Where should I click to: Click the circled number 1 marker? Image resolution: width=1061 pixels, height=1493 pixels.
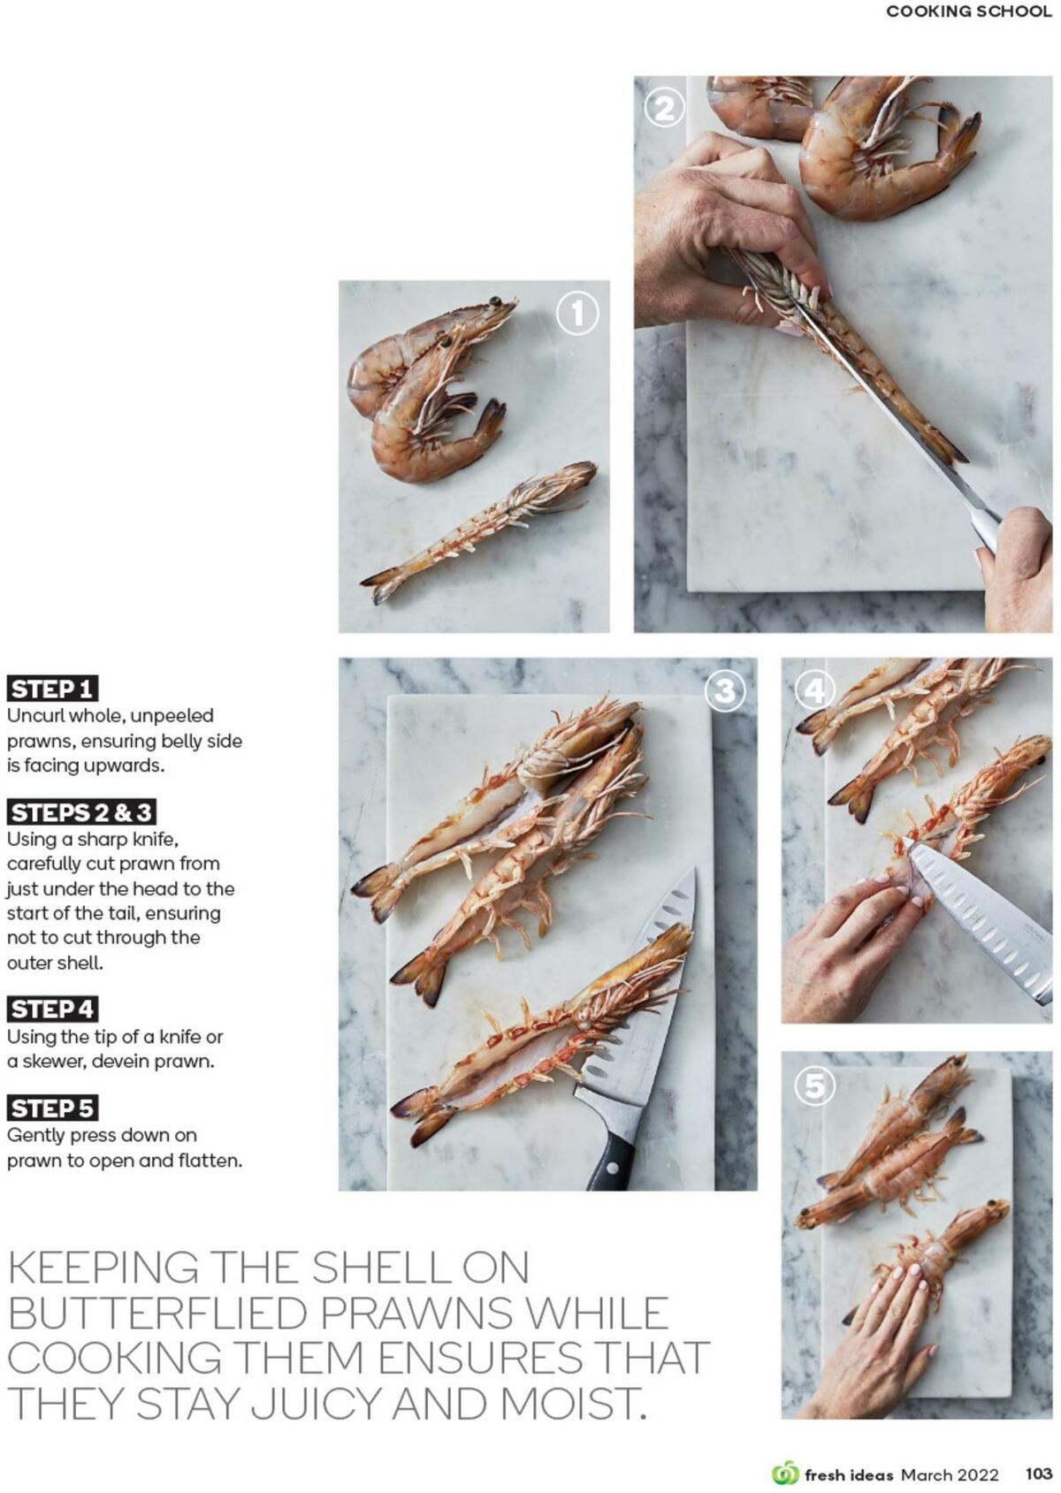tap(577, 314)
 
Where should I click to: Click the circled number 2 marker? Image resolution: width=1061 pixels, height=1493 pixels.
tap(664, 108)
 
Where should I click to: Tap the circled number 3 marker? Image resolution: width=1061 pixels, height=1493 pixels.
tap(725, 690)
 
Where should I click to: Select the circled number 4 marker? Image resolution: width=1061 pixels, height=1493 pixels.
tap(814, 690)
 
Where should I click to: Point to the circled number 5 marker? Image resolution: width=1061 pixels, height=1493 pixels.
tap(814, 1085)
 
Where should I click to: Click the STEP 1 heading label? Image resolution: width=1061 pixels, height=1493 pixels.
tap(52, 689)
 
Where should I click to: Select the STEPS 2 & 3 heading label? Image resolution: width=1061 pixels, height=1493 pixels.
tap(81, 812)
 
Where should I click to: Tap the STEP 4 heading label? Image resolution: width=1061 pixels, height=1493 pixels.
tap(52, 1009)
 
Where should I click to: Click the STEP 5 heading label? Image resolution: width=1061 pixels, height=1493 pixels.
tap(52, 1108)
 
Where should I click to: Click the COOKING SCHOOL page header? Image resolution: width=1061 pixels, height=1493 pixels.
tap(968, 11)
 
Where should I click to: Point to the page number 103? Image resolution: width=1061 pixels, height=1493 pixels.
tap(1038, 1474)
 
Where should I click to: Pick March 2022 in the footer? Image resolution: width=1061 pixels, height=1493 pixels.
tap(950, 1474)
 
